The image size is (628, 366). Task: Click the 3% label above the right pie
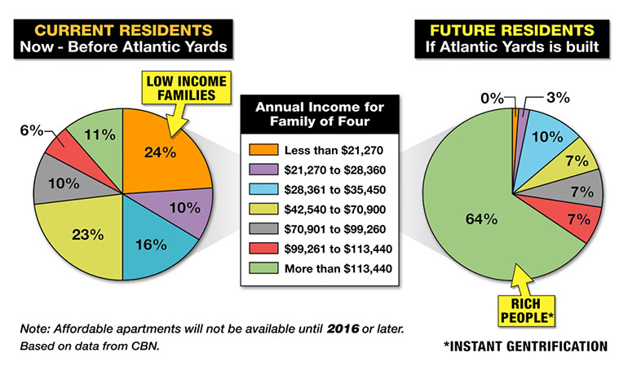(556, 98)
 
